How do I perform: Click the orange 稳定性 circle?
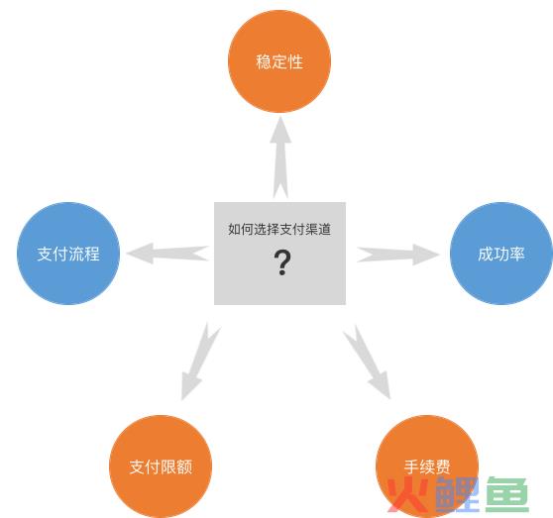[x=279, y=61]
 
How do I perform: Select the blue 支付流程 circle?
[x=68, y=254]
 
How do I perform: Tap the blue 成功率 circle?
[x=501, y=254]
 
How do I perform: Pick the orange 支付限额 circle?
[x=161, y=466]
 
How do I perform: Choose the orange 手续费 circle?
[x=427, y=466]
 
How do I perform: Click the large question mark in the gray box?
[x=282, y=262]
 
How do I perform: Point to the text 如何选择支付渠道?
[x=279, y=229]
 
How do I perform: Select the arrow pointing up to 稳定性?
[x=280, y=157]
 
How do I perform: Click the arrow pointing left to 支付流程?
[x=167, y=253]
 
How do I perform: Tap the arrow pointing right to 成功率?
[x=398, y=255]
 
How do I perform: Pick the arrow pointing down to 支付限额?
[x=199, y=362]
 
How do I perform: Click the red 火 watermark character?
[x=407, y=494]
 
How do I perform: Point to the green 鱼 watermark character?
[x=507, y=494]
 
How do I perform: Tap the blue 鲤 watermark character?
[x=458, y=494]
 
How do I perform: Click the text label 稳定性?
[x=279, y=61]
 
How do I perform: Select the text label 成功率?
[x=501, y=254]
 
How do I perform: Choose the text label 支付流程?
[x=68, y=254]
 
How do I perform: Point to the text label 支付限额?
[x=161, y=466]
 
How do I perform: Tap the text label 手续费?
[x=427, y=466]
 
